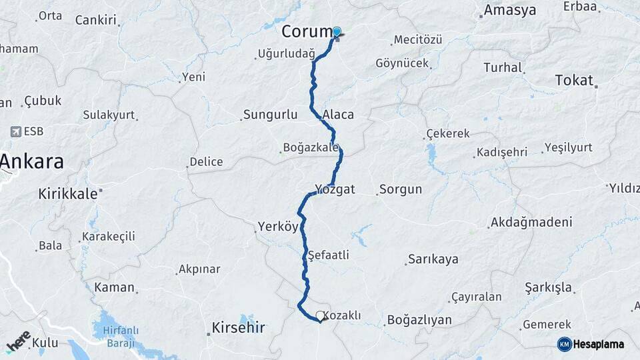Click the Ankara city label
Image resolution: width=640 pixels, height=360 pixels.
32,161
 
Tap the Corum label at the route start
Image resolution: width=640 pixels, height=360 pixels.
306,31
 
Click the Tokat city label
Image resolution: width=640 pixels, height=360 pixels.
573,81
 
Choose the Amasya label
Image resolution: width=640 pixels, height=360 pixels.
509,10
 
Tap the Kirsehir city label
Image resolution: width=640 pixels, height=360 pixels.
238,327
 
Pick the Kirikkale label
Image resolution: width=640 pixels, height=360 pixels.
68,193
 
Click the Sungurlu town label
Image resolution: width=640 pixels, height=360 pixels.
270,115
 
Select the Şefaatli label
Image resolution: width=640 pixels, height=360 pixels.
329,255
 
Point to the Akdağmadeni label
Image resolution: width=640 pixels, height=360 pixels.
531,222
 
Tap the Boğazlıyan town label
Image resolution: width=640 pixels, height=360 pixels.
419,320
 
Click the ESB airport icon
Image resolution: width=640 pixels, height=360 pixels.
15,132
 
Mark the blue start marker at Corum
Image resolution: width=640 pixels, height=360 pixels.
337,32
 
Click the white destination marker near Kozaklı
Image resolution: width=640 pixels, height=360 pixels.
321,316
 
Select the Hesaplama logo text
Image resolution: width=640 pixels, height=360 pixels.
597,344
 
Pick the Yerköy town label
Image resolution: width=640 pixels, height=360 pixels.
277,227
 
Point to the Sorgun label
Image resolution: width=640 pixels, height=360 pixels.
401,189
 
